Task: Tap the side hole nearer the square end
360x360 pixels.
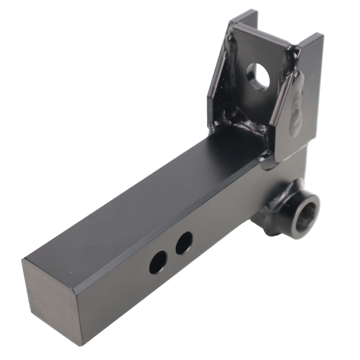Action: pos(158,262)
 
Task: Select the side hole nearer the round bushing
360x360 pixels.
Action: pos(184,243)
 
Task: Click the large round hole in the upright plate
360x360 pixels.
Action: pos(258,76)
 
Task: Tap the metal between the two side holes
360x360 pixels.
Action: pos(171,253)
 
